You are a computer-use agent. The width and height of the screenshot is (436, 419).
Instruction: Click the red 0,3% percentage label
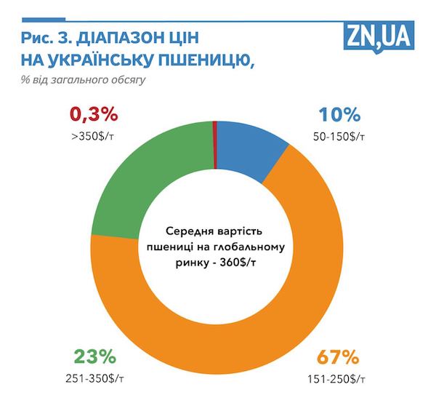coord(93,114)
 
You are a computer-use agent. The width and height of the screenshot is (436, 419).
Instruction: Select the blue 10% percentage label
coord(340,114)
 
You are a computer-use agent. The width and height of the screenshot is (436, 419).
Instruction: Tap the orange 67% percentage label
coord(335,357)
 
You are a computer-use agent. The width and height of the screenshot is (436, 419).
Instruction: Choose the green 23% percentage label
coord(94,357)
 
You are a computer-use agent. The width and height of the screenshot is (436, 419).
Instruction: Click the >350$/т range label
coord(93,136)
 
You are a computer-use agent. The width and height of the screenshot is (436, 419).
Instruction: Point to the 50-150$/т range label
coord(340,136)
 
